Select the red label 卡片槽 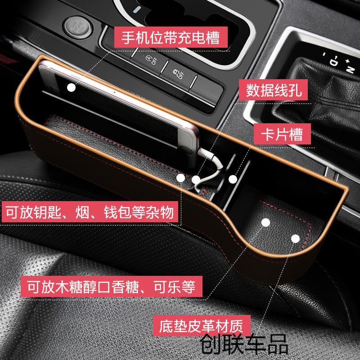tap(282, 134)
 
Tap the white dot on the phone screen tap(71, 87)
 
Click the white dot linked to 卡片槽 tap(233, 179)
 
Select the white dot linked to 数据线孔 tap(196, 180)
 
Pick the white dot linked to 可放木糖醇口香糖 tap(265, 223)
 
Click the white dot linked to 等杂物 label tap(180, 178)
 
